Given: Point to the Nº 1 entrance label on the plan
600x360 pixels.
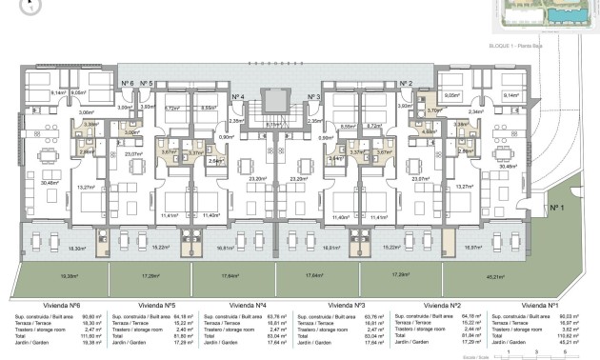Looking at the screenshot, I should (557, 207).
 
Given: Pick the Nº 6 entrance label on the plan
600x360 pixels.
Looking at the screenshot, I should (127, 85).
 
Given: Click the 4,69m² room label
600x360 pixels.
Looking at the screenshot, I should (430, 131).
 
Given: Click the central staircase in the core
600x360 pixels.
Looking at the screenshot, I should (276, 100).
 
